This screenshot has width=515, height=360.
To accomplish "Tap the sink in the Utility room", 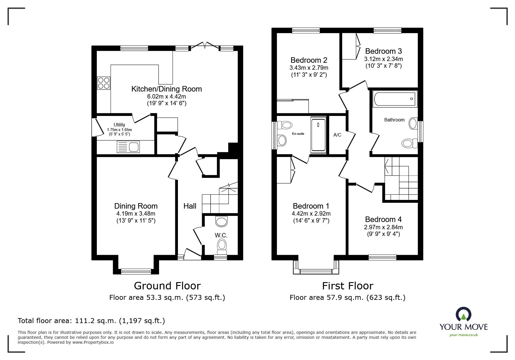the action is point(128,147).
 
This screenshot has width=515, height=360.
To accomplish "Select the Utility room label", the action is point(120,125).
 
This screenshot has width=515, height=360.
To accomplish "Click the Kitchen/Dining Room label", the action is point(167,89).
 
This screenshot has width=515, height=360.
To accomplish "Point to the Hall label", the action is point(190,206).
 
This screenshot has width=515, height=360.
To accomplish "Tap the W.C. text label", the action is point(221,235).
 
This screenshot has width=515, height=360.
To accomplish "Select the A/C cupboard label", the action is point(337,135).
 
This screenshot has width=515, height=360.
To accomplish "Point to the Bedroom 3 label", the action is point(383,51).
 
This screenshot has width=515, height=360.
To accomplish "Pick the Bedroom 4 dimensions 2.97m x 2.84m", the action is point(384,227).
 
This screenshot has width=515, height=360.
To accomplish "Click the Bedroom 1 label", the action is point(311,206).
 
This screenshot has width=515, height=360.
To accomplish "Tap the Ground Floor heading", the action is point(167,286).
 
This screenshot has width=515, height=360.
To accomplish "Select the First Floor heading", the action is point(348,286).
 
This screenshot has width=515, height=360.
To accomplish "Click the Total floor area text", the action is point(91,321).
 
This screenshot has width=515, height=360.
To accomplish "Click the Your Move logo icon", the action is point(464,314).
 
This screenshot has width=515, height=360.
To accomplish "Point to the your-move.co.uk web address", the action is point(464,335).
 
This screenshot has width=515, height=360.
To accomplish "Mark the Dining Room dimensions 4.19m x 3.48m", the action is point(136,214).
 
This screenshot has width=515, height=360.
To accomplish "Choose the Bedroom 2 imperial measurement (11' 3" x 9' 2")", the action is point(309,75).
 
